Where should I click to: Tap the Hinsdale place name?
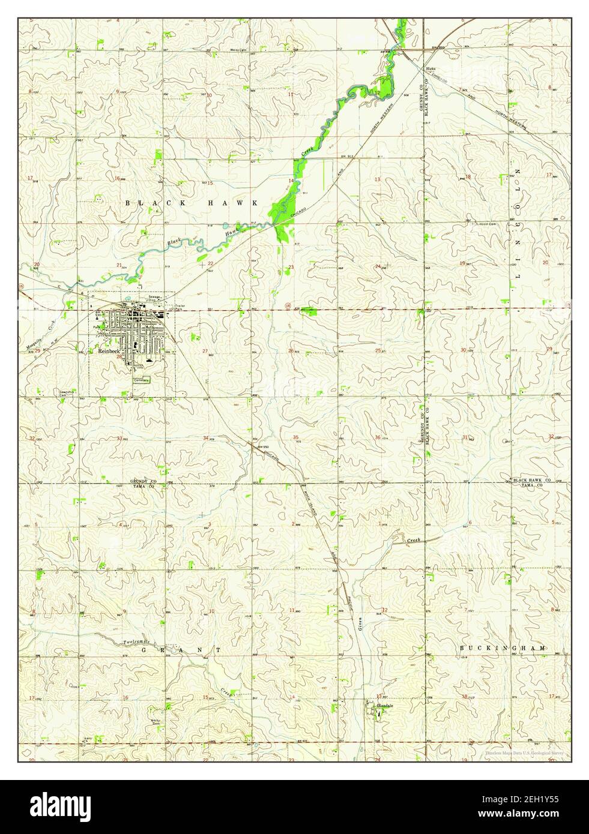(x=384, y=706)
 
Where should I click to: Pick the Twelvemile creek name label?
(x=136, y=642)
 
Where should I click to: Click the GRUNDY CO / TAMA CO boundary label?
(x=143, y=484)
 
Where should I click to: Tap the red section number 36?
(x=377, y=437)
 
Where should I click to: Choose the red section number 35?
(x=295, y=437)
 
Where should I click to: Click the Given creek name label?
(x=361, y=630)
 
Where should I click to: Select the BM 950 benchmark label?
(x=262, y=447)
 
